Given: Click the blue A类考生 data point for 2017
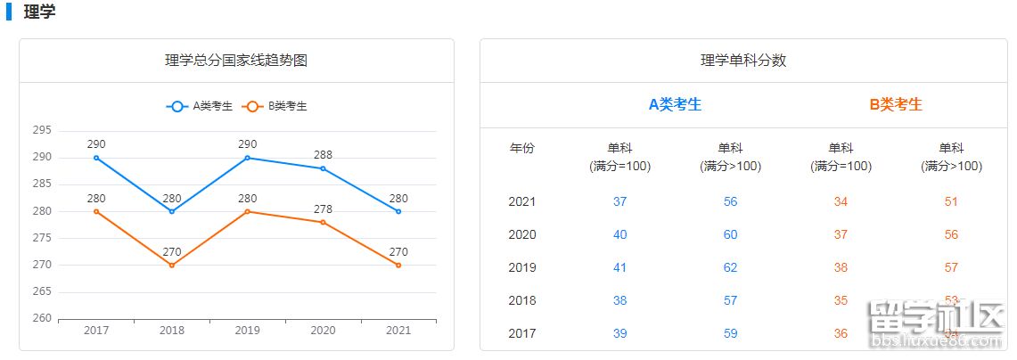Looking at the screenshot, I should coord(96,158).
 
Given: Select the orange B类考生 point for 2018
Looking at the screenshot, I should coord(172,265).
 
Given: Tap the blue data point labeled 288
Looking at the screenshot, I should coord(323,168).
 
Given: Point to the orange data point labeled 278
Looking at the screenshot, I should coord(323,222).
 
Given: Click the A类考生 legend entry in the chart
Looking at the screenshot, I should coord(200,106).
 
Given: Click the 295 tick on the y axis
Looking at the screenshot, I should coord(42,130).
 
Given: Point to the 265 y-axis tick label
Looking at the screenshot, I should coord(42,291).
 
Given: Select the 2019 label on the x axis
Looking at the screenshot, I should coord(247,331).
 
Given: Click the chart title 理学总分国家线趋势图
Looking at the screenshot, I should coord(236,61).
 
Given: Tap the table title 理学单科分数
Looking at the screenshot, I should coord(743,61).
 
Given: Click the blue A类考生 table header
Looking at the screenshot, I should coord(675,104).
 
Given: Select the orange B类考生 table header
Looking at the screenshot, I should coord(896,104).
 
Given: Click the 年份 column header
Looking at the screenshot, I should coord(522,148).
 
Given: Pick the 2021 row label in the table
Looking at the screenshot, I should coord(522,201).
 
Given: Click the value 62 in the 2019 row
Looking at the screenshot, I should coord(731,267).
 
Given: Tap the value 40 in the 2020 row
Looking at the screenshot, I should coord(620,234).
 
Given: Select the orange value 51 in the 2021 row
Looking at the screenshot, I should coord(951,201).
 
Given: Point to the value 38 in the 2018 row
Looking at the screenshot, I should coord(620,300).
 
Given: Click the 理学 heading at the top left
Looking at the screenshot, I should coord(39,12).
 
